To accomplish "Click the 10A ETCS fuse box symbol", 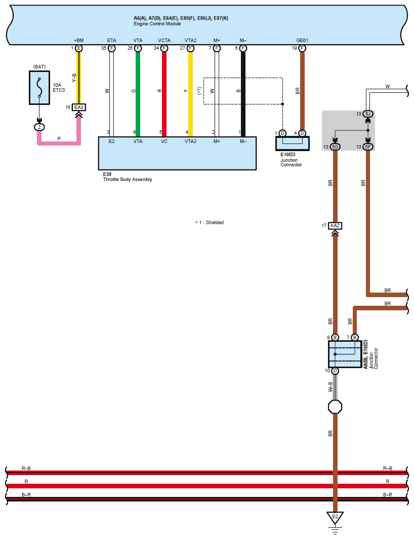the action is click(x=39, y=88).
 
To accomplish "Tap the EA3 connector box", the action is click(x=79, y=107).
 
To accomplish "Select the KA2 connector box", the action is click(x=335, y=226).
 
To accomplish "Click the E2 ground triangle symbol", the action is click(x=335, y=517).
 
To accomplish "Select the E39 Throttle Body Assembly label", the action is click(x=127, y=176).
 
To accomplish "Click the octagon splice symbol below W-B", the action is click(x=335, y=407).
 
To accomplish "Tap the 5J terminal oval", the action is click(x=368, y=114).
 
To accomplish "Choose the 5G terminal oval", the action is click(x=335, y=147).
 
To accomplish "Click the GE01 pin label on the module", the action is click(x=302, y=40).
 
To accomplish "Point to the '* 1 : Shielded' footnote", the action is click(x=209, y=223).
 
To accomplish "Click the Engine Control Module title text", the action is click(x=157, y=24).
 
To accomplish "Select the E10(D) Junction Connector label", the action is click(x=291, y=160).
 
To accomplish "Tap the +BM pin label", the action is click(x=79, y=40).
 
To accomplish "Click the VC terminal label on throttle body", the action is click(x=164, y=141).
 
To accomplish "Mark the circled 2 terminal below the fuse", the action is click(x=39, y=127).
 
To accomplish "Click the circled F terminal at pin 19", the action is click(x=302, y=48).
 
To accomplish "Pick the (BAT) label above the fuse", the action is click(x=39, y=67).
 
